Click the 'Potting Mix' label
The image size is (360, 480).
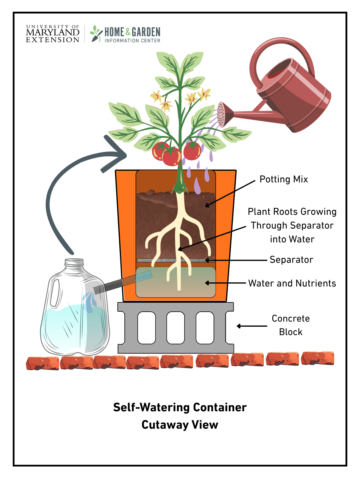[283, 179]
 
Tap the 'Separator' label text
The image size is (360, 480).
[291, 259]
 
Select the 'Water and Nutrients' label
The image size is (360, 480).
[292, 283]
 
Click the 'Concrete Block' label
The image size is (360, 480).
[290, 325]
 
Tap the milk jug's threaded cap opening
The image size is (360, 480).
[74, 262]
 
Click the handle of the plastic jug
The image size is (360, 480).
[55, 292]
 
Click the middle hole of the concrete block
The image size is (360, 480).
[175, 328]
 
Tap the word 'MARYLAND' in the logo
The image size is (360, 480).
[52, 33]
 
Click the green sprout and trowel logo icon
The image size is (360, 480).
[96, 33]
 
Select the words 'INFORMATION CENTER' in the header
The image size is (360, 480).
[132, 40]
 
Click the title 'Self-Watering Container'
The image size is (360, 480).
[180, 407]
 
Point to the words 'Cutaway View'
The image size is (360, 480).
[180, 425]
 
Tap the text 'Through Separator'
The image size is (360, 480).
[292, 225]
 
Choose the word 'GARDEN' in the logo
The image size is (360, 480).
[146, 32]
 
